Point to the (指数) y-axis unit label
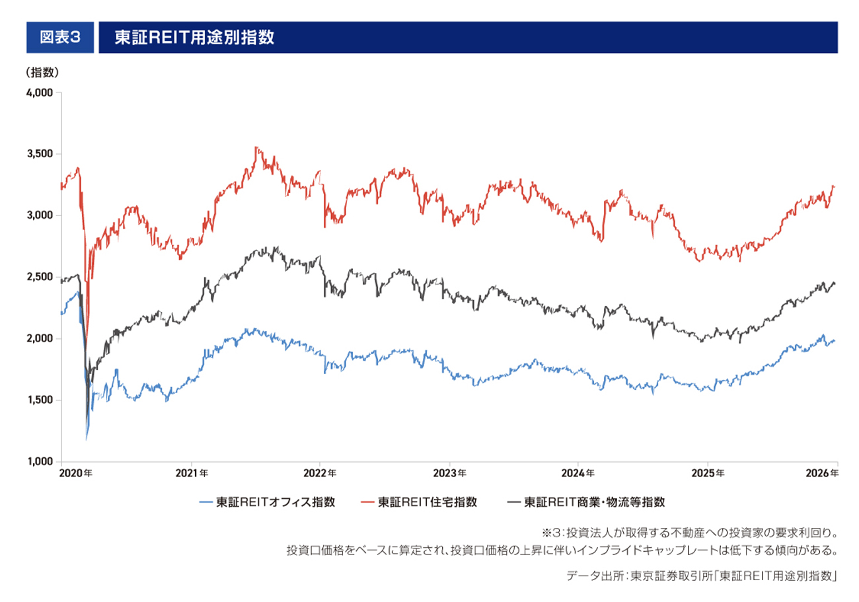point(42,72)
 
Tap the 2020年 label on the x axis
point(75,473)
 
